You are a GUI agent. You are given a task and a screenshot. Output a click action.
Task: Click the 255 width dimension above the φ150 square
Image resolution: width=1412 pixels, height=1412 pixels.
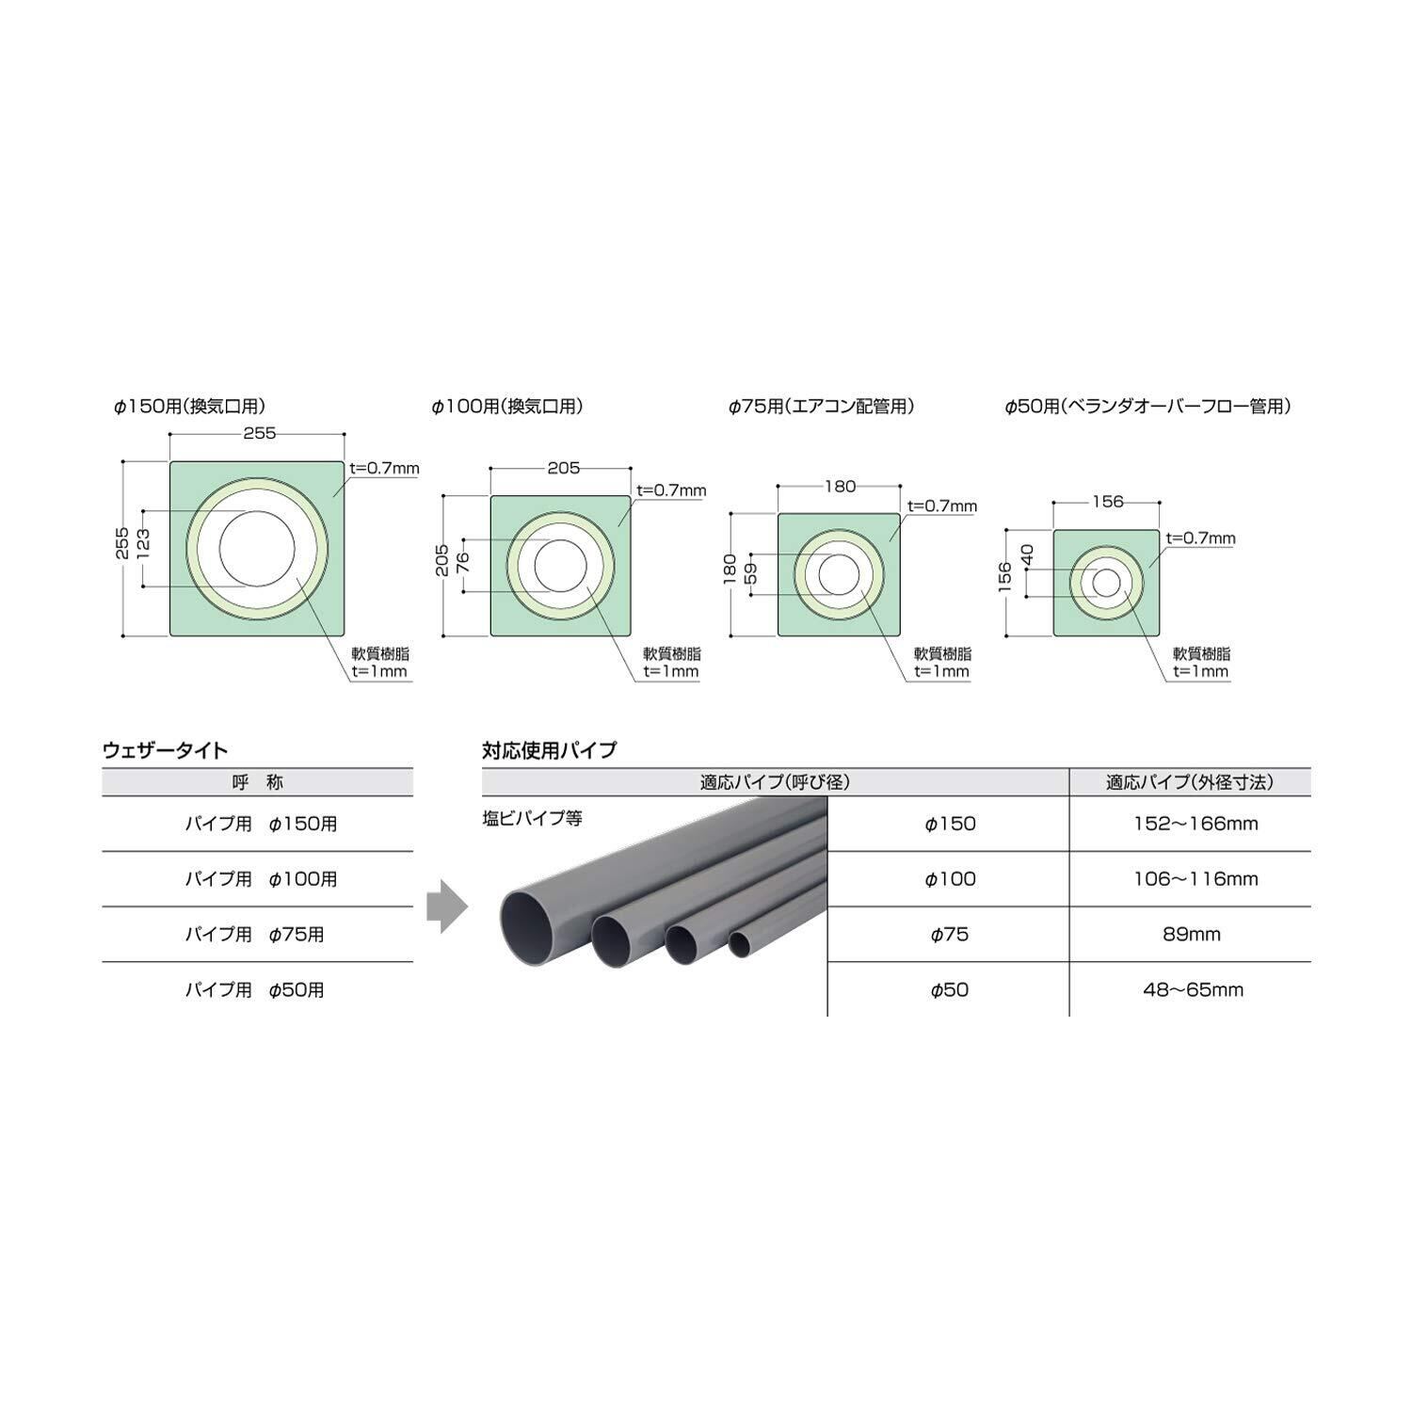coord(260,433)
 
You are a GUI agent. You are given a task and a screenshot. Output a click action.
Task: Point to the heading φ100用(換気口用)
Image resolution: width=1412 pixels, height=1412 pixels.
coord(507,407)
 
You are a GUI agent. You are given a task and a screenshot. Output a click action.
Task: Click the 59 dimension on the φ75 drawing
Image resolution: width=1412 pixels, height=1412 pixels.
coord(750,573)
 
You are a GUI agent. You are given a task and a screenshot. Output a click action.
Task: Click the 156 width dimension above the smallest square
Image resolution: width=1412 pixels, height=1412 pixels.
coord(1108,502)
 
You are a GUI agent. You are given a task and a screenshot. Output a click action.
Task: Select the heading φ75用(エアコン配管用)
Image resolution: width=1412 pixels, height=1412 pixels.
coord(822,407)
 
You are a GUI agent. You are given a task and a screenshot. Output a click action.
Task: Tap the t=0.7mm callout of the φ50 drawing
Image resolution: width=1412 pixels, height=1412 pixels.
coord(1200,538)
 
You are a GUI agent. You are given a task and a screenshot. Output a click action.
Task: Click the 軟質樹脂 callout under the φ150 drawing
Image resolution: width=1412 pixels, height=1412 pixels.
coord(380,653)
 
